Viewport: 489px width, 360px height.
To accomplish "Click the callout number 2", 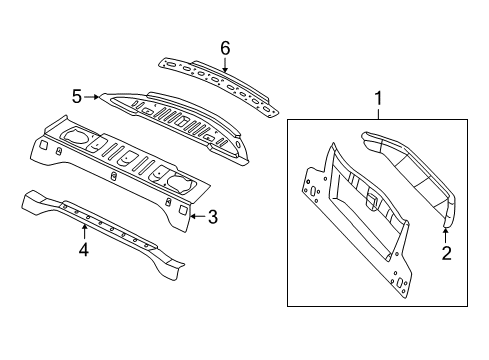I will pos(446,252).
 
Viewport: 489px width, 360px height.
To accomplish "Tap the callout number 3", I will pos(212,215).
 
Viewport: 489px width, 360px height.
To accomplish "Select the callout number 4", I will pos(84,250).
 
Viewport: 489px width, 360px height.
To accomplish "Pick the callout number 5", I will pos(76,97).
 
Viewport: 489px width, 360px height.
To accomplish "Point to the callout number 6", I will pos(225,47).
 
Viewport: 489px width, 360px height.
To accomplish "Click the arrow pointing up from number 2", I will pos(446,234).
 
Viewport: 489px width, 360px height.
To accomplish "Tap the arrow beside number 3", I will pos(196,215).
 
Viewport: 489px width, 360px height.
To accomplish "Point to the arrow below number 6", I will pos(225,66).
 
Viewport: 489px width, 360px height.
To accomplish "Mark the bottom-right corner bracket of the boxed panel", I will pos(399,284).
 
